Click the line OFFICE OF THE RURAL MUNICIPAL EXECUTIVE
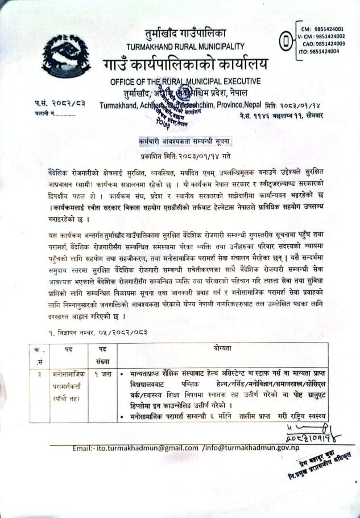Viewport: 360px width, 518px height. pyautogui.click(x=185, y=81)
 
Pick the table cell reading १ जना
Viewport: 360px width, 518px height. pyautogui.click(x=103, y=374)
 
